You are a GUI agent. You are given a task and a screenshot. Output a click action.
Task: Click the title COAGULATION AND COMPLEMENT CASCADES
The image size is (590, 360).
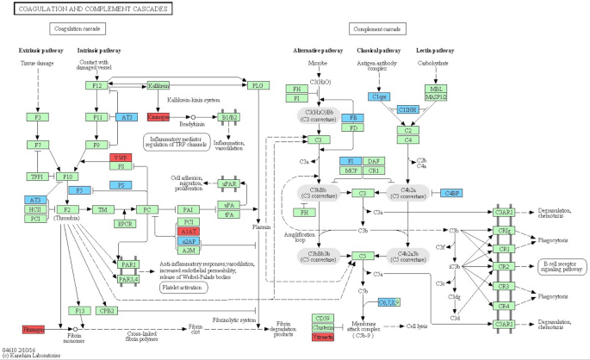click(86, 9)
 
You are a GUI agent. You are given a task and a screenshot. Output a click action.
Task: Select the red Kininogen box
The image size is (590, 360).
click(158, 116)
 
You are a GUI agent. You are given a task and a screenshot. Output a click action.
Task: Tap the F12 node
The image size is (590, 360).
click(97, 86)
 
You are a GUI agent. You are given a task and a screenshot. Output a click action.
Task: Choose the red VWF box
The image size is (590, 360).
click(120, 158)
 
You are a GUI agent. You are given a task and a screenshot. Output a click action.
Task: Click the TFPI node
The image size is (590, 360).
click(37, 177)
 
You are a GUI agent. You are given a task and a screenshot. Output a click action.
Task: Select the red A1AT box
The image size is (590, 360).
click(188, 232)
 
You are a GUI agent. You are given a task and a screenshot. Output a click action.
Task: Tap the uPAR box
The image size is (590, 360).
click(229, 183)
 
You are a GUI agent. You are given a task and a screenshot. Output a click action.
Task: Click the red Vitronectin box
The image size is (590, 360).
click(323, 338)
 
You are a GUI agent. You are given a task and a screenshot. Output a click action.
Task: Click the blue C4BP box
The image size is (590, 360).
click(451, 193)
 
